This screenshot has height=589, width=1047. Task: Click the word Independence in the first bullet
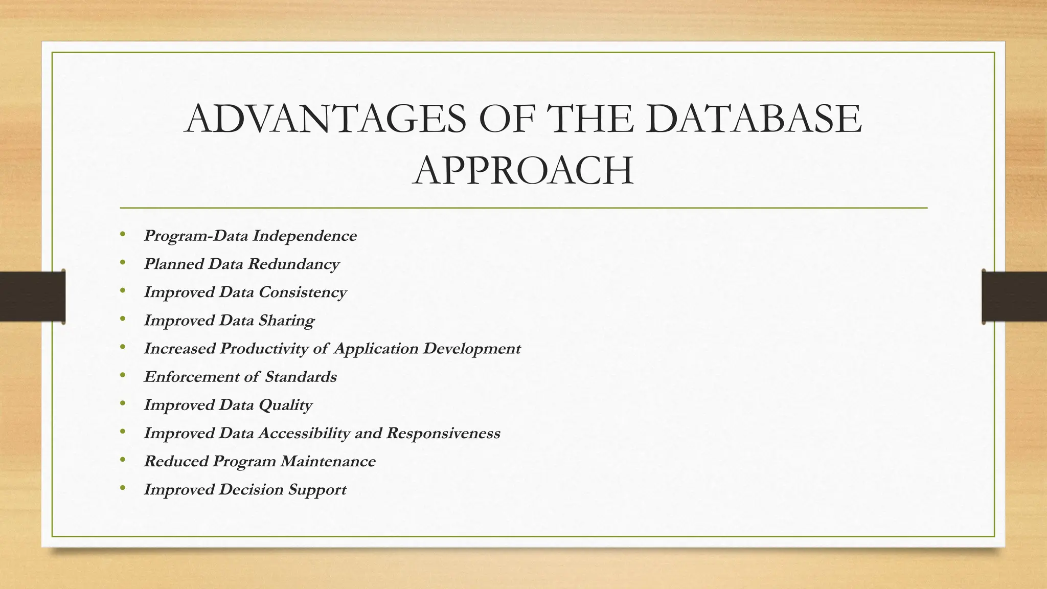(x=305, y=236)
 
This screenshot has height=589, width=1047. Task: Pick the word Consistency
(x=303, y=292)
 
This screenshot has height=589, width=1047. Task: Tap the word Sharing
(x=286, y=320)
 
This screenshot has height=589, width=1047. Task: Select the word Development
(x=472, y=348)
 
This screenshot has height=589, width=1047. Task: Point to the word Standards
(x=301, y=377)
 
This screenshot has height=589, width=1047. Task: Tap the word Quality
(x=285, y=405)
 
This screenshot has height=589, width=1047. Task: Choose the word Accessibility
(x=304, y=433)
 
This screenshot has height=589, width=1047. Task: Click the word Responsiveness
(x=443, y=433)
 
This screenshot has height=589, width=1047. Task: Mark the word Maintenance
(x=328, y=461)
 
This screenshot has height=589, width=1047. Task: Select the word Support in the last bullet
(x=317, y=489)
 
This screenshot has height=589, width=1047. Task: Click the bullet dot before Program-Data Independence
(x=122, y=235)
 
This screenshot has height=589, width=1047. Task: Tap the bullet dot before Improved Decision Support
(x=122, y=488)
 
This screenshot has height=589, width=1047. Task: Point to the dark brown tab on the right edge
(x=1014, y=297)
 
